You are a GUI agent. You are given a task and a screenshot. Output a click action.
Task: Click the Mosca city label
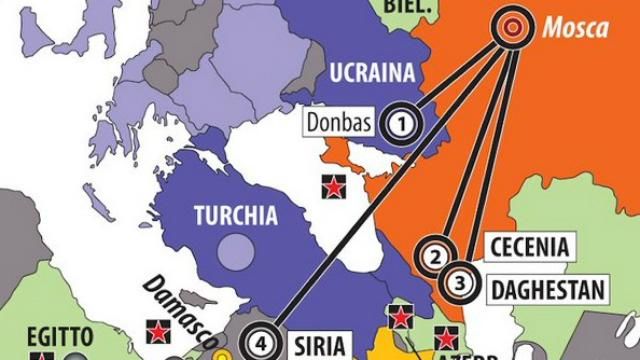[575, 28]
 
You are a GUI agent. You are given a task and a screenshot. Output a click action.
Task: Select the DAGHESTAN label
[548, 291]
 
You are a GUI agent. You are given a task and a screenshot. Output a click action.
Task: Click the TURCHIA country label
[237, 214]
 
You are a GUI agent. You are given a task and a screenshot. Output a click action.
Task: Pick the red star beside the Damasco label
[156, 329]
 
